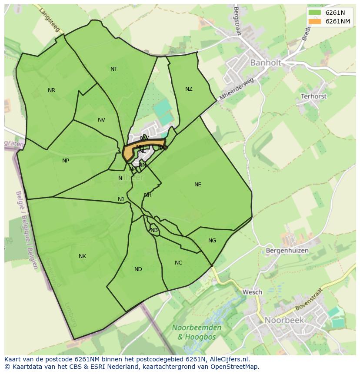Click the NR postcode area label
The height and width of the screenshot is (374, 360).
[51, 90]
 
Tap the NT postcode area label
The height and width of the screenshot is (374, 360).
[114, 69]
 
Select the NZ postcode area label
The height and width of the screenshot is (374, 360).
[189, 89]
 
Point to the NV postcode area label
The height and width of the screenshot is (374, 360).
[101, 120]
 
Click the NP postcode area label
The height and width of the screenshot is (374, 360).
[66, 161]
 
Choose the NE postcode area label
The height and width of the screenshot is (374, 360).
[198, 185]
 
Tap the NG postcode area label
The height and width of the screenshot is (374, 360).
[212, 241]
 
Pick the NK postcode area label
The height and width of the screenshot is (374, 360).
[82, 256]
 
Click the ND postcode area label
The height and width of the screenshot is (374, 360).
[138, 269]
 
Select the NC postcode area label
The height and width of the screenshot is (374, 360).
[179, 263]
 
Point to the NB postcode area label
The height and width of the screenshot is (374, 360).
[154, 230]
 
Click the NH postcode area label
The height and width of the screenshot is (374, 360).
[148, 195]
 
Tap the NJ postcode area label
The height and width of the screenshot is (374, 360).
[121, 199]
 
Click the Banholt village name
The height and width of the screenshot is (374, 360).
[265, 63]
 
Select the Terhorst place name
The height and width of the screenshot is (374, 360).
[313, 96]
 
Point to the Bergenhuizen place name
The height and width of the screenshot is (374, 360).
[287, 251]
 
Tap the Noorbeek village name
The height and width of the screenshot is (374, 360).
[284, 320]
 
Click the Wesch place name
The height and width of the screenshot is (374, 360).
[252, 292]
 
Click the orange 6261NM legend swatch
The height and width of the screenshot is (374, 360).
[315, 21]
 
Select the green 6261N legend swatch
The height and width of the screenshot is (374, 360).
[315, 13]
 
